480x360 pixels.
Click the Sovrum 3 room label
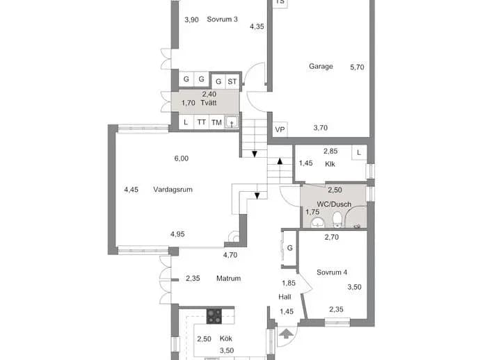222,19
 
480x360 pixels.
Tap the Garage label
321,67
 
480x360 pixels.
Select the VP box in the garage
280,130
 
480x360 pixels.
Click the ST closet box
232,81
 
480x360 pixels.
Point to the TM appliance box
216,122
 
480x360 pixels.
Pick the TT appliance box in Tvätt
202,122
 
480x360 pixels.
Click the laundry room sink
232,122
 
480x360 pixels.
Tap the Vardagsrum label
173,190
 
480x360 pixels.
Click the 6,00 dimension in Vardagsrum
182,158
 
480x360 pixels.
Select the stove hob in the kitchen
214,316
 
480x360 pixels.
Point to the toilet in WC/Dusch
337,220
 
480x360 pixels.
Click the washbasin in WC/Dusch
317,223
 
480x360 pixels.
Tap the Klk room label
330,164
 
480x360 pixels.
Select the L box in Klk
359,152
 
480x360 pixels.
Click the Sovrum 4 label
332,272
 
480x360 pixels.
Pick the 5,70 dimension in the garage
358,67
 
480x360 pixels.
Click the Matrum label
228,278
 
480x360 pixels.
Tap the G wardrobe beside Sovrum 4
289,248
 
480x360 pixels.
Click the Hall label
285,297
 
